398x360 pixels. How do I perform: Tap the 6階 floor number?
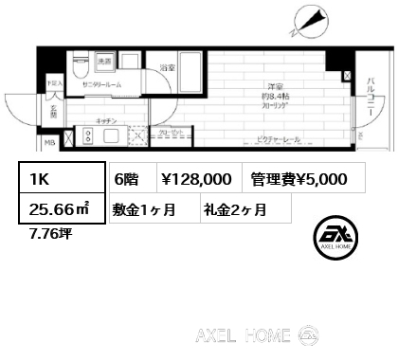coord(126,178)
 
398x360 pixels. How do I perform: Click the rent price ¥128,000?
coord(195,178)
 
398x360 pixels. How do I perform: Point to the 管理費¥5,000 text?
coord(298,178)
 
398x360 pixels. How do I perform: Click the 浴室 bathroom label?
coord(167,69)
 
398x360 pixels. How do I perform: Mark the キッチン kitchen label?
coord(106,121)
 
